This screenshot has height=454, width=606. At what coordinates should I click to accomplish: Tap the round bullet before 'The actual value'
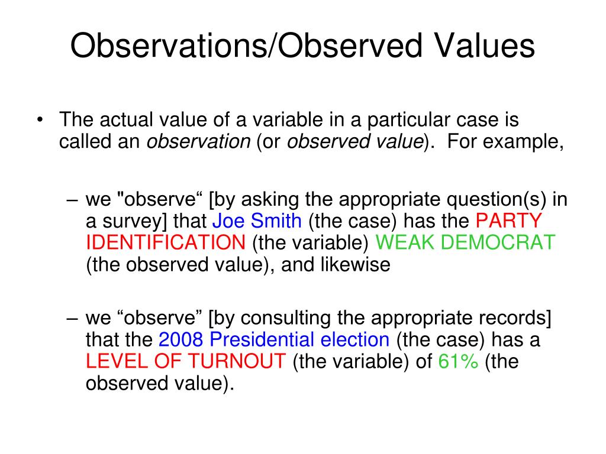click(x=40, y=119)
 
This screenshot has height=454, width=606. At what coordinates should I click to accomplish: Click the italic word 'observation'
click(x=199, y=141)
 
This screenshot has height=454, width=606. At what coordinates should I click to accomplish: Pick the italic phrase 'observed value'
click(x=356, y=141)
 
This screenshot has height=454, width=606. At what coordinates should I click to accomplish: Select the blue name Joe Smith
click(x=257, y=221)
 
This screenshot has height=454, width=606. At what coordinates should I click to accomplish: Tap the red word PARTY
click(x=509, y=221)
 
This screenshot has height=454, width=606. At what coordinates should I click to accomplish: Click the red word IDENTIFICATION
click(x=166, y=242)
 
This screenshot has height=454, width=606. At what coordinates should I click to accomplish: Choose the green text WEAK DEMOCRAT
click(x=465, y=242)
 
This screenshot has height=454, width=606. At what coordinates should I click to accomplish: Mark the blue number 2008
click(x=181, y=340)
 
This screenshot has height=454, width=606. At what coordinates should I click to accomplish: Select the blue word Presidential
click(x=262, y=340)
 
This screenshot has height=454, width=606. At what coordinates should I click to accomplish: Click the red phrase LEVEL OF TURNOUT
click(x=186, y=361)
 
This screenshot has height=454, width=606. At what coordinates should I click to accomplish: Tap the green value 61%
click(x=458, y=361)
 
